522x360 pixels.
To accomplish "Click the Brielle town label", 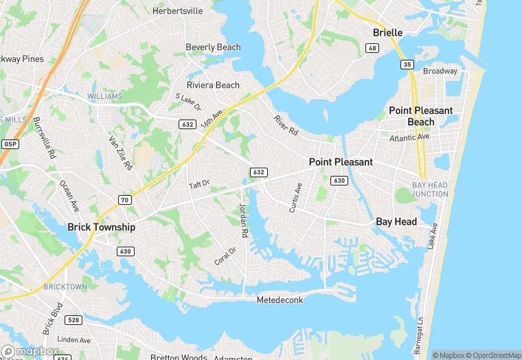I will (387, 32).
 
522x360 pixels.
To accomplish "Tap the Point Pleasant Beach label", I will (421, 116).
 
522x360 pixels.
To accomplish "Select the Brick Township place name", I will (101, 227).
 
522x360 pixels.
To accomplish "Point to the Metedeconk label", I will (280, 300).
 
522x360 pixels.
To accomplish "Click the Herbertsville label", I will (178, 11).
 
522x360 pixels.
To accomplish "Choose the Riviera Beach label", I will (213, 85).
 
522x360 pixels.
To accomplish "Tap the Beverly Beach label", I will (213, 47).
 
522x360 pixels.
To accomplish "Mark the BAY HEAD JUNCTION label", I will (430, 190).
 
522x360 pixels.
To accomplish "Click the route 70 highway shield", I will (124, 200).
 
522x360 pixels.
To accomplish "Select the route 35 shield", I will (407, 64).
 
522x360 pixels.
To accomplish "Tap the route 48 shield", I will (372, 48).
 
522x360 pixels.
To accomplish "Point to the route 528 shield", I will (74, 320).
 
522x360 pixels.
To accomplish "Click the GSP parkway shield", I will (10, 144).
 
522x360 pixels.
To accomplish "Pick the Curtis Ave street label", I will (296, 198).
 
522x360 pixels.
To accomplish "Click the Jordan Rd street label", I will (242, 221).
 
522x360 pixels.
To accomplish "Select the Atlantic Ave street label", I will (409, 137).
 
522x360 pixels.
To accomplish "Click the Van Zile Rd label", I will (120, 153).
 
